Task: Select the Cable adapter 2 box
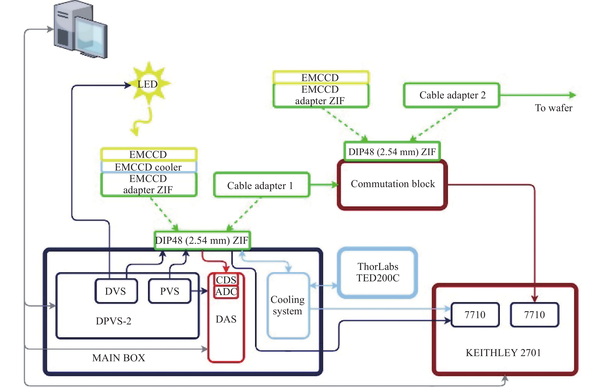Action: click(x=451, y=95)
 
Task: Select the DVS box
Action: click(x=116, y=291)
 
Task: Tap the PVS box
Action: click(x=170, y=291)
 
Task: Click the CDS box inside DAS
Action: click(x=226, y=279)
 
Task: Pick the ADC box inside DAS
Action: click(x=226, y=292)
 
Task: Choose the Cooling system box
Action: click(x=288, y=305)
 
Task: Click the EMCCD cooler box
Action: click(x=148, y=167)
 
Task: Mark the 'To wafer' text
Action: click(x=553, y=108)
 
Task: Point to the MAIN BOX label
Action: click(x=119, y=358)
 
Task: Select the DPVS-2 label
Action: click(x=114, y=321)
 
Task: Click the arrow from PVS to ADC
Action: click(x=200, y=291)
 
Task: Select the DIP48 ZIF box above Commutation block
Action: click(x=392, y=151)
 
